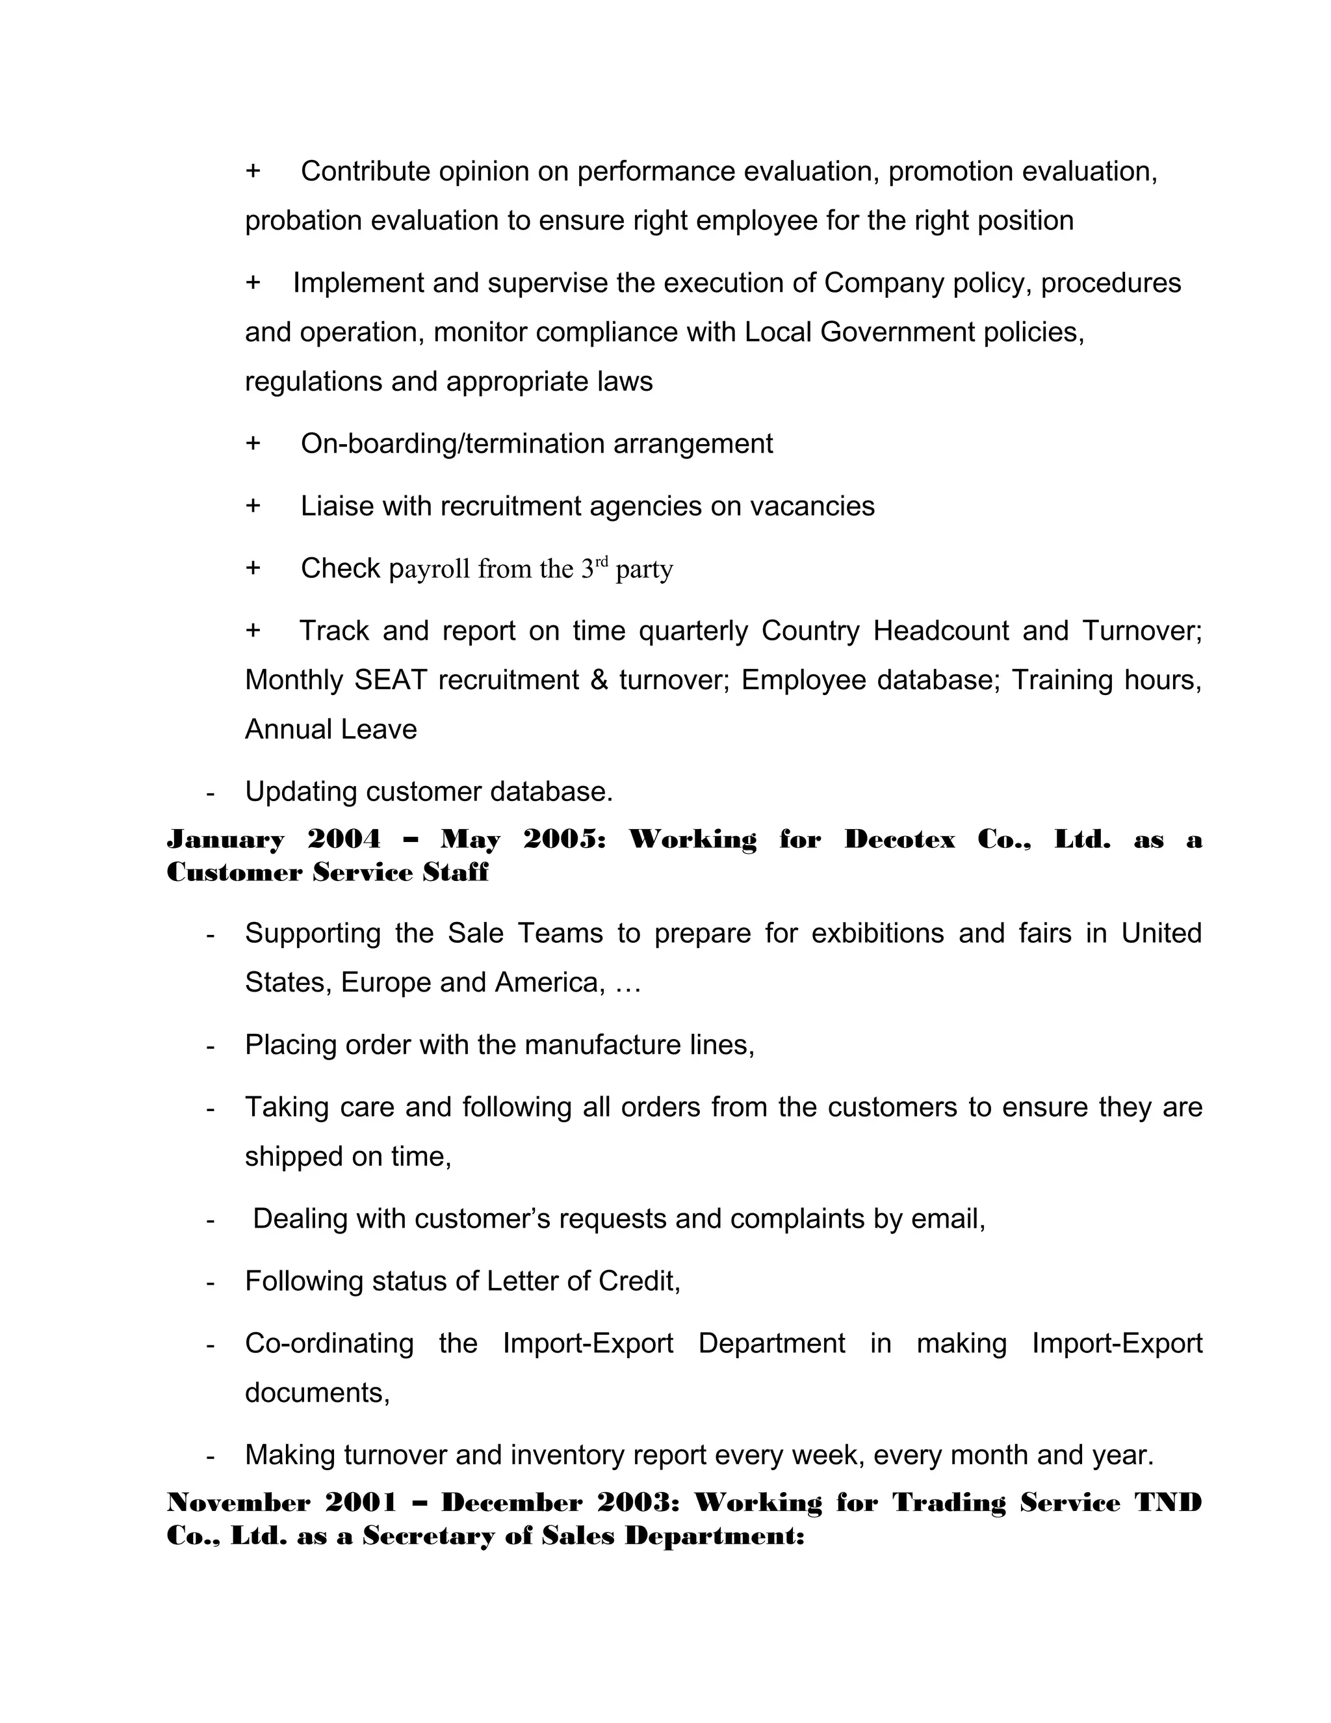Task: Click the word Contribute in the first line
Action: coord(365,171)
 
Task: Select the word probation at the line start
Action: coord(304,221)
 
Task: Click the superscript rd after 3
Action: coord(602,562)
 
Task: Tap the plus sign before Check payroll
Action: coord(252,568)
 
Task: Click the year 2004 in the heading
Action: coord(344,839)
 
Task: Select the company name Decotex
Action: coord(899,839)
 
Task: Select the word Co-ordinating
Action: coord(329,1343)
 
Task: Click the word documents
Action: coord(317,1393)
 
